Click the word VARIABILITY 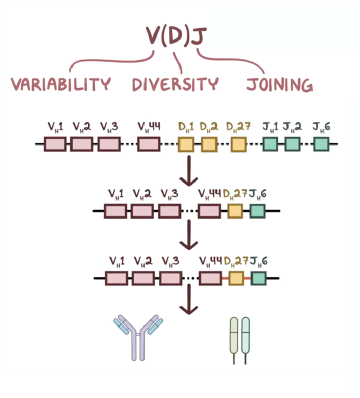pos(61,84)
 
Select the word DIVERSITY pos(175,84)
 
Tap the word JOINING pos(279,84)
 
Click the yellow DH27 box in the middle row pos(235,211)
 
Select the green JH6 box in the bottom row pos(259,278)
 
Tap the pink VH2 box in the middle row pos(142,211)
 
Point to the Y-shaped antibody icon pos(138,337)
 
